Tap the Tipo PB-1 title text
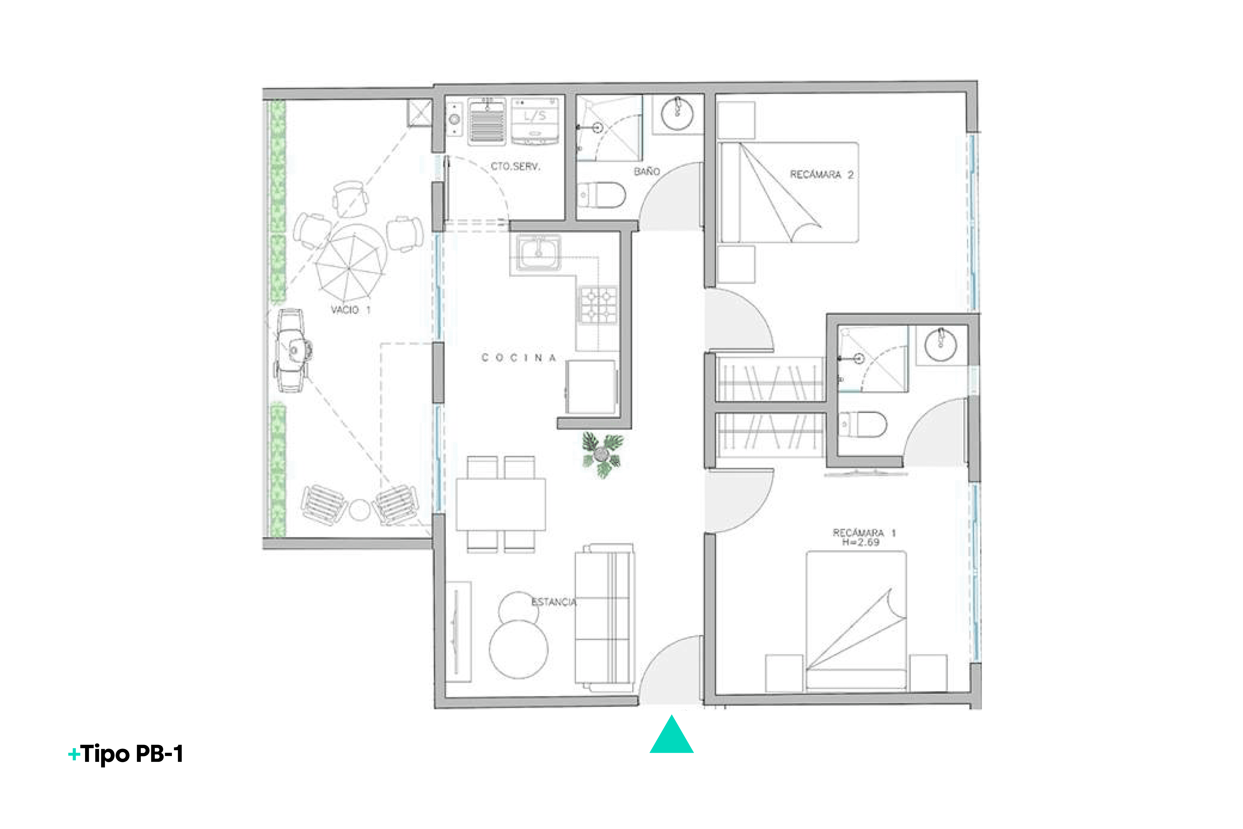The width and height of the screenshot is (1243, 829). (x=126, y=754)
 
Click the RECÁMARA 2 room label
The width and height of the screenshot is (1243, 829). (x=821, y=174)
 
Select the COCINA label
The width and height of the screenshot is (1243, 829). (x=518, y=358)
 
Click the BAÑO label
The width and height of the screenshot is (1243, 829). (x=647, y=171)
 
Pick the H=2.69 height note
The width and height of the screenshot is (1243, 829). (x=861, y=542)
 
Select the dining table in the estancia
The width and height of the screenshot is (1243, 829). (x=500, y=504)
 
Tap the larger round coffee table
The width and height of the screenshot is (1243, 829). (x=518, y=649)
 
